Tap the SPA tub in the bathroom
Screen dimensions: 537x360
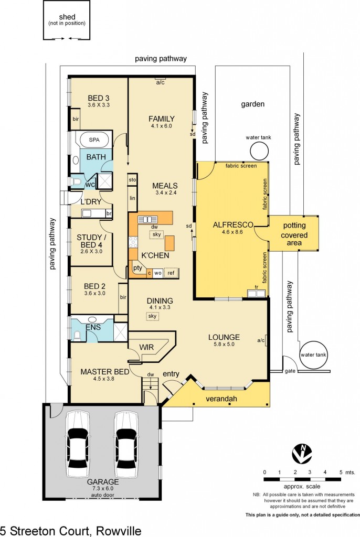pyautogui.click(x=93, y=141)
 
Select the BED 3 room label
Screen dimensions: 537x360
pyautogui.click(x=99, y=98)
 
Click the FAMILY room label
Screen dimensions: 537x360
pyautogui.click(x=161, y=119)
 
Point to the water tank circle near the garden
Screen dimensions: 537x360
pyautogui.click(x=259, y=152)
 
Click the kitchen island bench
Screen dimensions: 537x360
pyautogui.click(x=170, y=243)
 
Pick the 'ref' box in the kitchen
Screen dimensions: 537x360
pyautogui.click(x=171, y=273)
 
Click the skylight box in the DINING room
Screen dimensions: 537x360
pyautogui.click(x=153, y=316)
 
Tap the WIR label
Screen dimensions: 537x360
pyautogui.click(x=146, y=347)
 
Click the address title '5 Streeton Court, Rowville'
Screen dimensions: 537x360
pyautogui.click(x=71, y=530)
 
